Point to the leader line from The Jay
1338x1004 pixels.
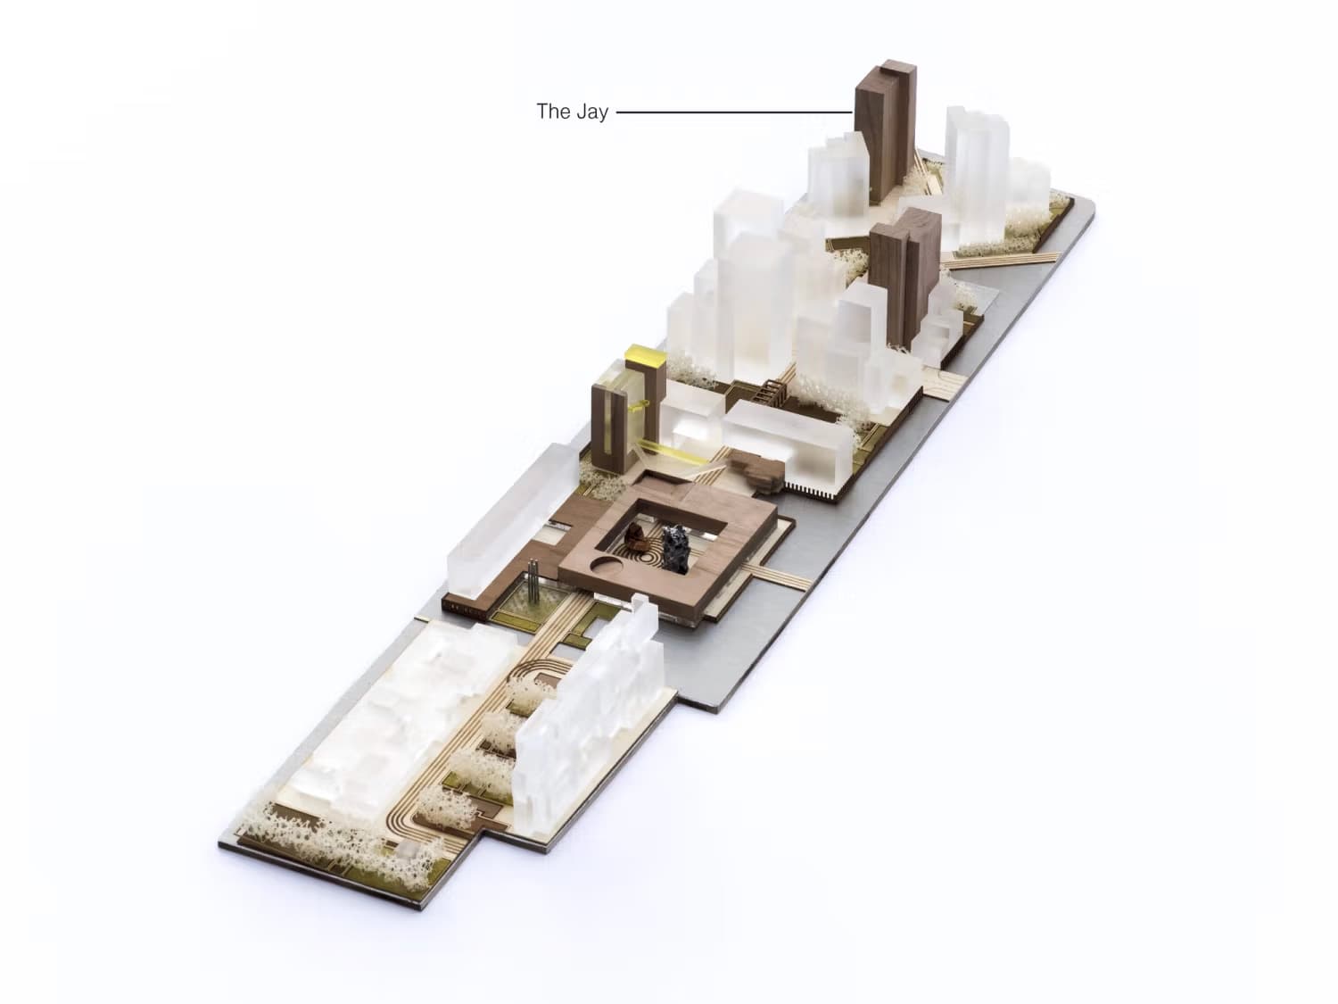734,112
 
